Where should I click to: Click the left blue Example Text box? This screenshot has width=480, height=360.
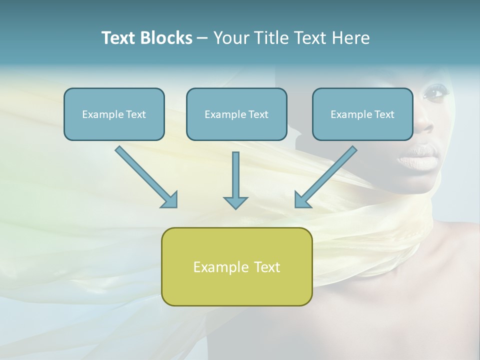click(114, 114)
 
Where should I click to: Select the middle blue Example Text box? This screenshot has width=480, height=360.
click(236, 114)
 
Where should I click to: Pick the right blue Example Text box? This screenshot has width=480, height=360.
click(362, 114)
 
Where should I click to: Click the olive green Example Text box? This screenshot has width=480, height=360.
click(236, 266)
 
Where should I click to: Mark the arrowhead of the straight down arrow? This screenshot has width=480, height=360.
click(235, 202)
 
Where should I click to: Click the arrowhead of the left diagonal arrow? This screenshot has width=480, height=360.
click(170, 200)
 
